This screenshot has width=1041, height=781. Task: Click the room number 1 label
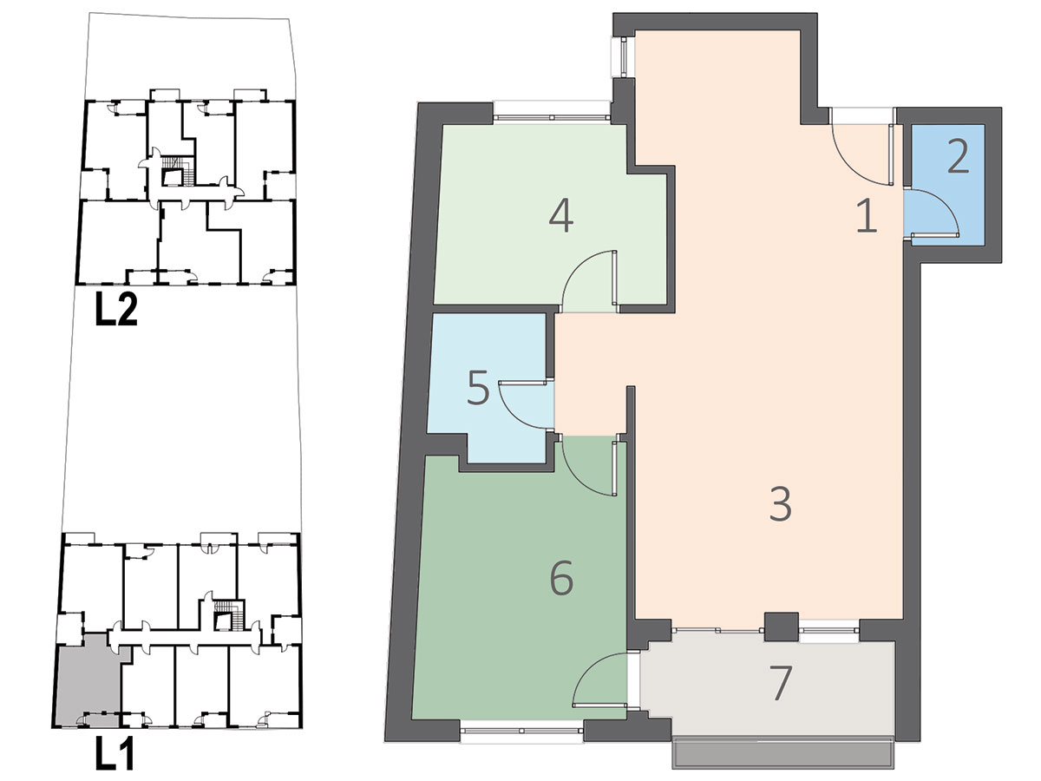click(867, 216)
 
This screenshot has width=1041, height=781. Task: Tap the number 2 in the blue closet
click(958, 157)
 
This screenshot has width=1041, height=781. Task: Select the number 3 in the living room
click(780, 504)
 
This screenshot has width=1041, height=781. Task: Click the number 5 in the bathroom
click(478, 388)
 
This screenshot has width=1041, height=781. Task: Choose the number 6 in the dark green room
click(561, 579)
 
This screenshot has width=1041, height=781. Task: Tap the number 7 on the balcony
click(781, 683)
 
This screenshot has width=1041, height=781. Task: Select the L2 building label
click(116, 309)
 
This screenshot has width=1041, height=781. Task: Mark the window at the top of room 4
click(552, 113)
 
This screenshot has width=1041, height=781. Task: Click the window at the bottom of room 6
click(522, 732)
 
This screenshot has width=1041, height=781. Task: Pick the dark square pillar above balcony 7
click(781, 627)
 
